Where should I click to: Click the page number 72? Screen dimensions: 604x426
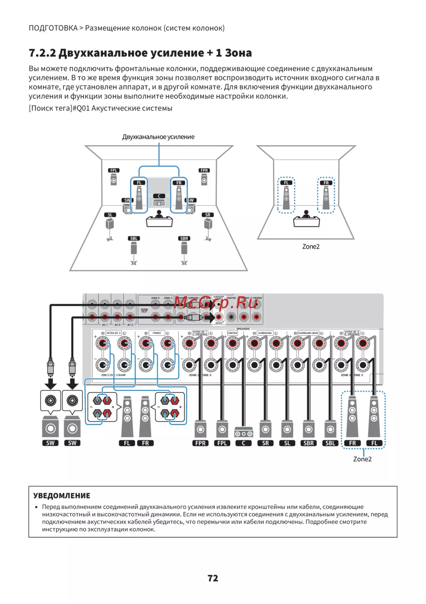[213, 578]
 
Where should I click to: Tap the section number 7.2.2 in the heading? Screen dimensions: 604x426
[42, 53]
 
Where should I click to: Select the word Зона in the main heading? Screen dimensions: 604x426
[238, 53]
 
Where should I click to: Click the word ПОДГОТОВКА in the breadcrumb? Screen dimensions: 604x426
[53, 28]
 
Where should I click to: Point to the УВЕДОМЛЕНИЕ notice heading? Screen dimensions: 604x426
[62, 495]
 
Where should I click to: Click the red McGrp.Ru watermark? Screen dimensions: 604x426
[216, 303]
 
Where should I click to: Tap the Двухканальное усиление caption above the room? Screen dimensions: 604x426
[158, 137]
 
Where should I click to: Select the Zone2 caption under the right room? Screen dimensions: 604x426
[311, 246]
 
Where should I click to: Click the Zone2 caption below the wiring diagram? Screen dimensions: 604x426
[362, 459]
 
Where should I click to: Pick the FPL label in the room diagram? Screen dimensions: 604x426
[113, 170]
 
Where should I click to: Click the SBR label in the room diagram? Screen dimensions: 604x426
[184, 238]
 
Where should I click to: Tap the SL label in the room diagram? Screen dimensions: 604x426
[110, 215]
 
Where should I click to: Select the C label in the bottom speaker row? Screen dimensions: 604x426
[243, 443]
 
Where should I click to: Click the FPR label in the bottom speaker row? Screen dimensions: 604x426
[200, 443]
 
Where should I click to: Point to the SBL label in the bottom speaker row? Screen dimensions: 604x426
[330, 443]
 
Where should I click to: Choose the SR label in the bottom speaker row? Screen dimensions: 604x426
[265, 443]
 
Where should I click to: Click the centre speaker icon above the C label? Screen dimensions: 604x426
[243, 432]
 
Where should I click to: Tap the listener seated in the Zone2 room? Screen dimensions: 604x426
[306, 215]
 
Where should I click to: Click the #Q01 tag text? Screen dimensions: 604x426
[81, 108]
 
